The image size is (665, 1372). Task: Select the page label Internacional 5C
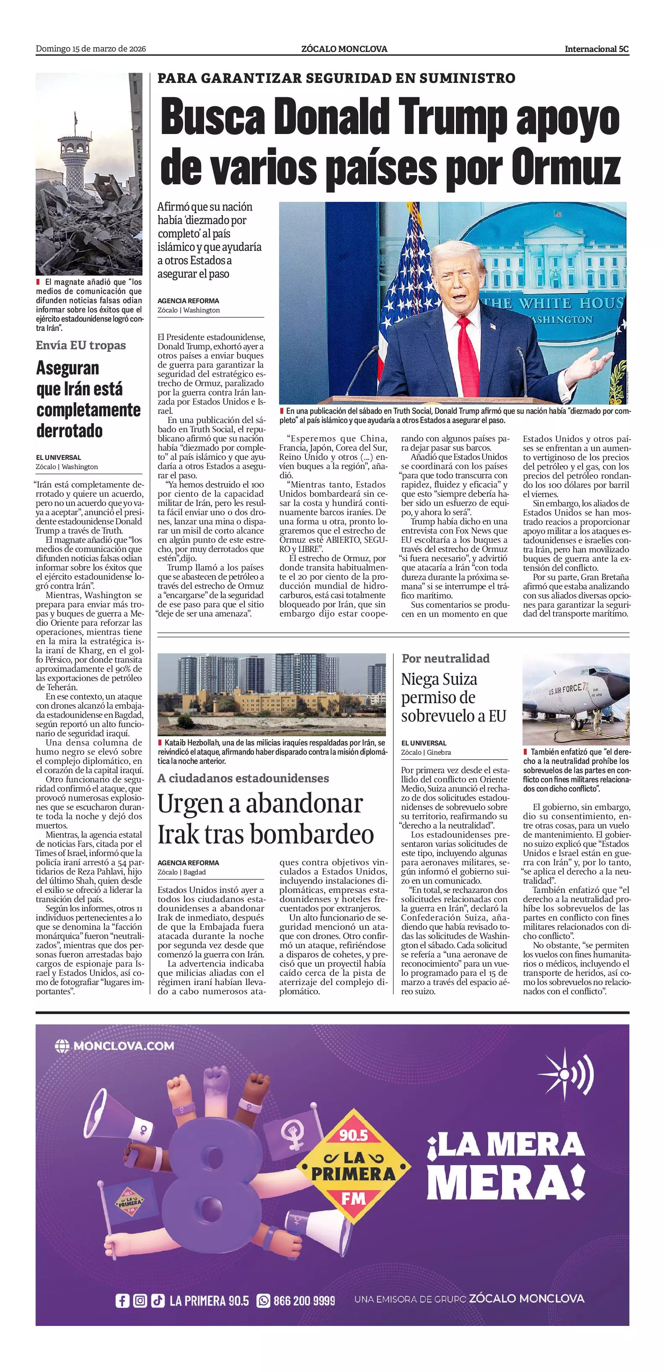click(x=596, y=49)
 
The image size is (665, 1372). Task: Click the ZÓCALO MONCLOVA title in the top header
click(x=344, y=49)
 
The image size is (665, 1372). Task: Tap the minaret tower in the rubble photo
click(x=75, y=160)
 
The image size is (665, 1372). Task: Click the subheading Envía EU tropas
click(x=81, y=345)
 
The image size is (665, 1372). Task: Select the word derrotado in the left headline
click(x=69, y=431)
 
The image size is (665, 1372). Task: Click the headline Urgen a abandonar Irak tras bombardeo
click(x=265, y=819)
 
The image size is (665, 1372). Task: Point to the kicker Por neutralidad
click(x=445, y=658)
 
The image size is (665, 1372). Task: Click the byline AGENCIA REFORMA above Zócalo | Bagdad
click(x=188, y=863)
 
